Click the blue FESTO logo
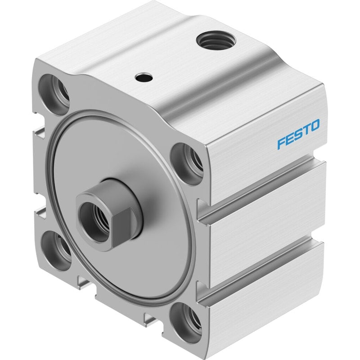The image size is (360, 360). [298, 134]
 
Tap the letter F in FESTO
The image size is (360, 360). [281, 144]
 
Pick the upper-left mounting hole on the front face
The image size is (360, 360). [54, 91]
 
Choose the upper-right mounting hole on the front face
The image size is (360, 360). [187, 163]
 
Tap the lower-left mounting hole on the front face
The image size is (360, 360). [57, 250]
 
